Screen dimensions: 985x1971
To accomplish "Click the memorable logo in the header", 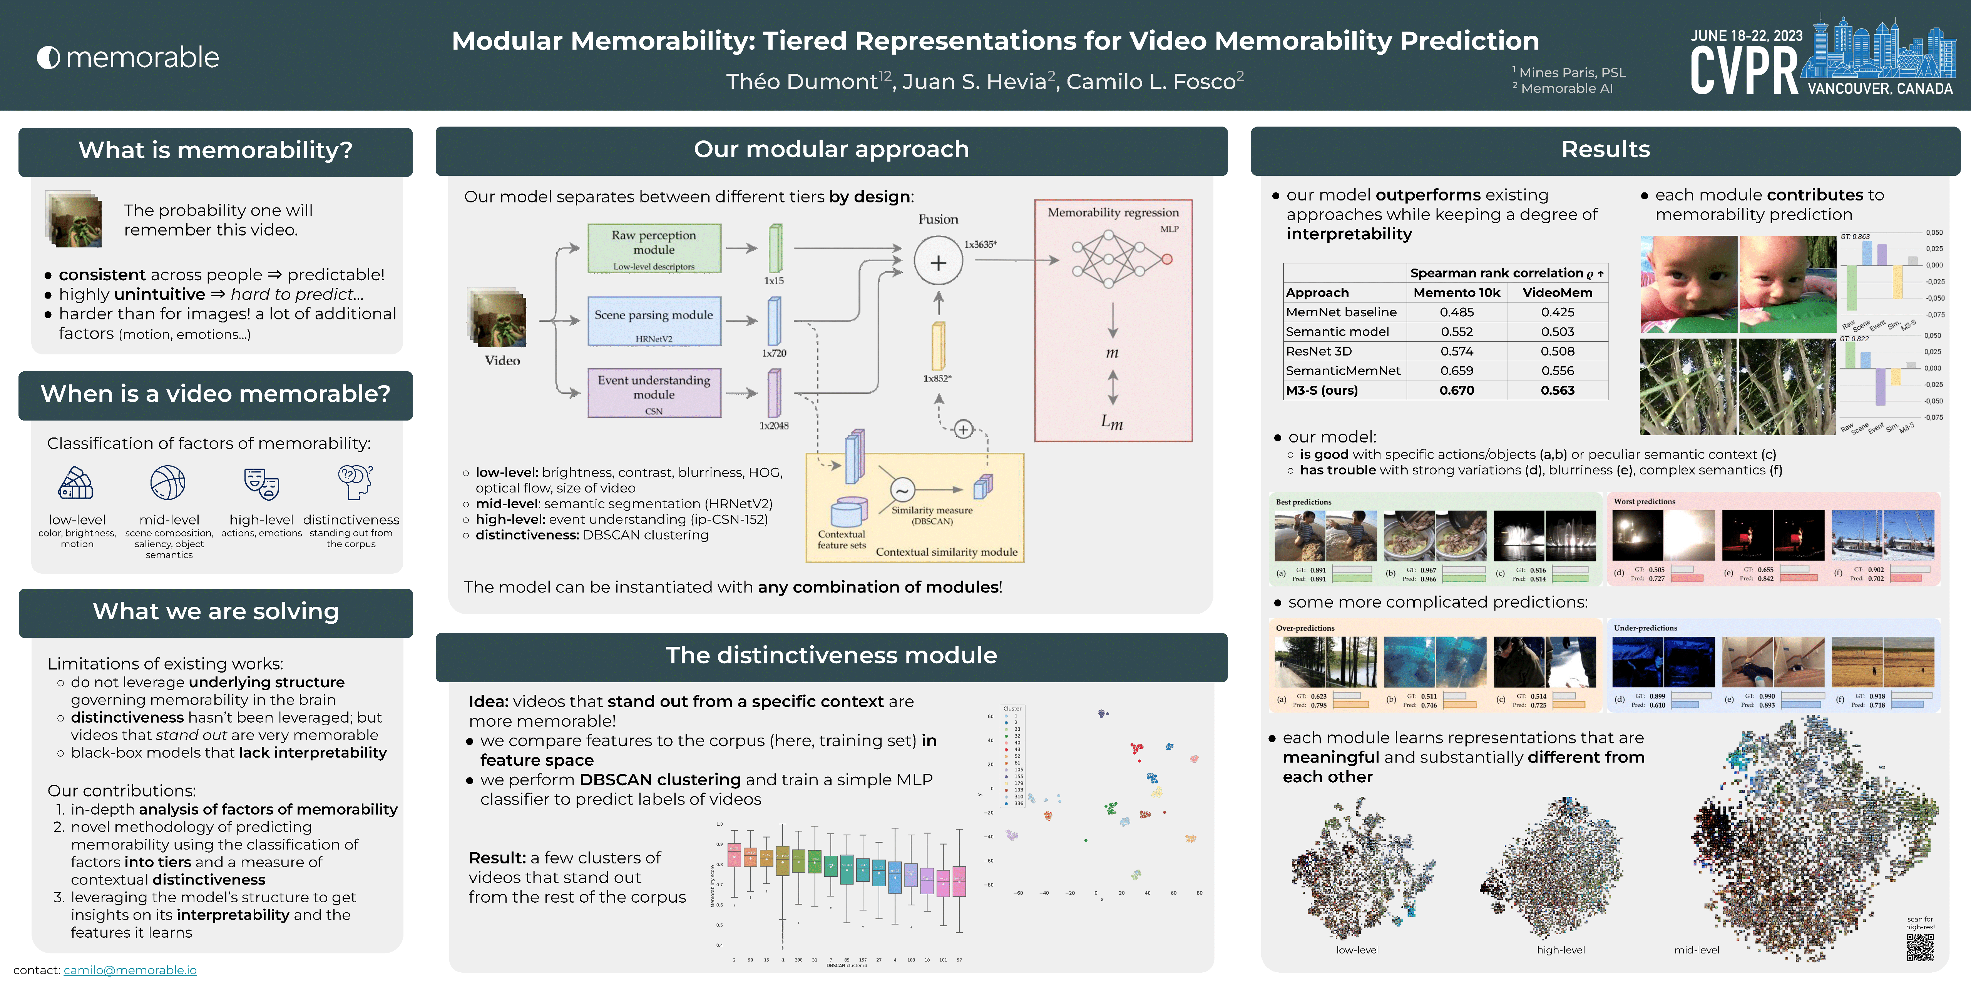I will [128, 57].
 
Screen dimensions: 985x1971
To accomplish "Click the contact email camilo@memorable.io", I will [130, 970].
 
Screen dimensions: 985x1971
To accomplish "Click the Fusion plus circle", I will [938, 262].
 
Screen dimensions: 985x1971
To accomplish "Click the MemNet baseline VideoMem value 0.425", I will [1557, 312].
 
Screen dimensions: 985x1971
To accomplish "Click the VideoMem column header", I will [1557, 292].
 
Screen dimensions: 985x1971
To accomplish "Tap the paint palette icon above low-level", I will [76, 483].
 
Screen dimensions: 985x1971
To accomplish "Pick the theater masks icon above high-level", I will [262, 483].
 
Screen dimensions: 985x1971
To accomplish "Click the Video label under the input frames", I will [502, 360].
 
